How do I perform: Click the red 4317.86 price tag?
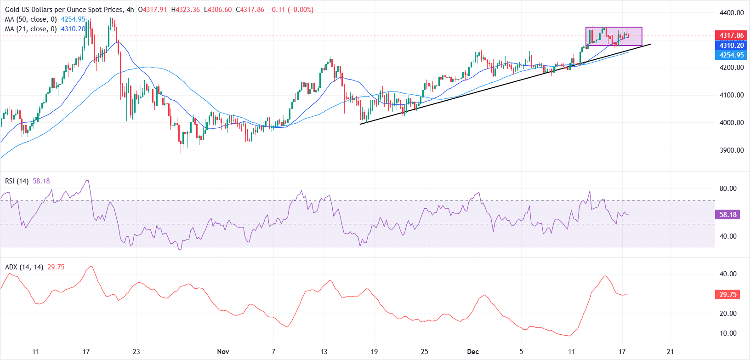tap(731, 35)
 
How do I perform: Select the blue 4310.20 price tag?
tap(731, 46)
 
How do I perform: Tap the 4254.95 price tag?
tap(731, 55)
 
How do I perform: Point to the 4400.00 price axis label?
tap(732, 13)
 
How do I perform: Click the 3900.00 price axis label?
tap(732, 150)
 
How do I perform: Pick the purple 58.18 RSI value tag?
tap(727, 215)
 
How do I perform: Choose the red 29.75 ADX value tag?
tap(727, 295)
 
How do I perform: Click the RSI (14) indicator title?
tap(17, 181)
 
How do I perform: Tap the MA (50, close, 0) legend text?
tap(31, 19)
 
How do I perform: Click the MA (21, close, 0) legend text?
tap(31, 29)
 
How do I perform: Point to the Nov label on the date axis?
tap(223, 352)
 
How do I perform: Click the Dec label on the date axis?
tap(473, 352)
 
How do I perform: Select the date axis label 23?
tap(136, 352)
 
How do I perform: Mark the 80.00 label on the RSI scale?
tap(728, 189)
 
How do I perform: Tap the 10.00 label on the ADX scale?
tap(728, 333)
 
